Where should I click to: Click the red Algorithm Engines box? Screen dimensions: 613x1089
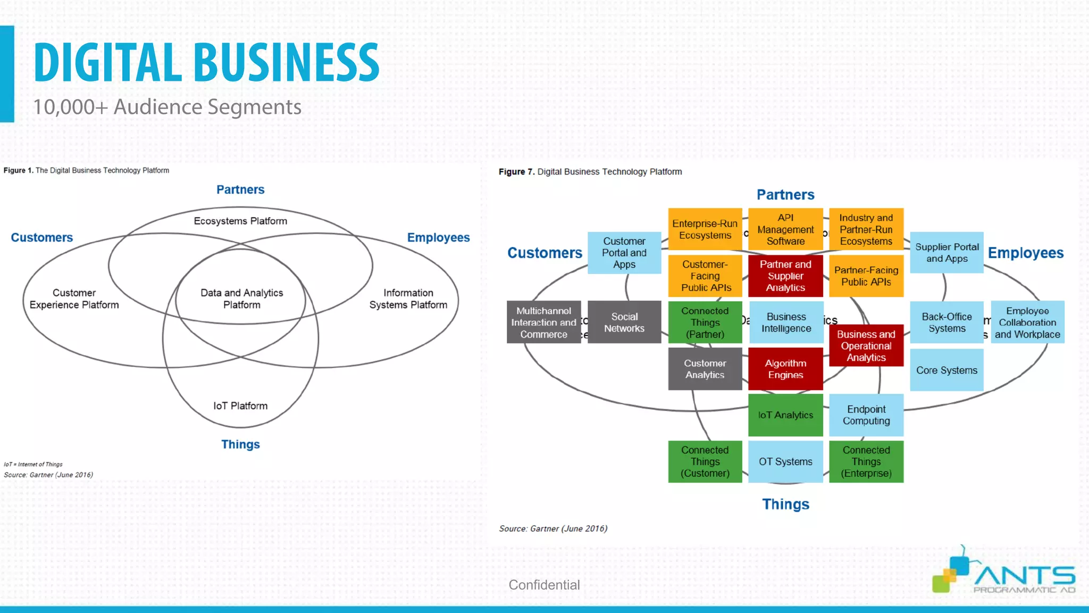coord(785,369)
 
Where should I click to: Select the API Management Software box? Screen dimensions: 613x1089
coord(785,229)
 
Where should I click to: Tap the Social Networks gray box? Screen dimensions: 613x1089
coord(624,322)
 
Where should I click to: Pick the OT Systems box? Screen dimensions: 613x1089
coord(785,462)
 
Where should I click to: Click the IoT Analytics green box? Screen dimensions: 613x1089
coord(785,415)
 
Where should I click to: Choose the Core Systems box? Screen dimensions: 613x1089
coord(946,370)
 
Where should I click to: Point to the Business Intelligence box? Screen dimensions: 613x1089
coord(786,322)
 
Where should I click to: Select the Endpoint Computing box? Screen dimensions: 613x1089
coord(866,415)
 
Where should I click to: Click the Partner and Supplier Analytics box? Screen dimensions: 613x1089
coord(785,276)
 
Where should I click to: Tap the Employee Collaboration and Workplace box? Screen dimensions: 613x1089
coord(1027,322)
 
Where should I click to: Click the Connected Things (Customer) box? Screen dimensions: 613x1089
coord(705,462)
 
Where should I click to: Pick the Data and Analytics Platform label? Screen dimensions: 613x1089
coord(241,299)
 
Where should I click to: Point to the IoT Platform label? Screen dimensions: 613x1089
coord(240,406)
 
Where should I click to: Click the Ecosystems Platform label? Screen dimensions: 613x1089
coord(240,221)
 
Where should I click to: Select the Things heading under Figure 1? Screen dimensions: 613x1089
coord(240,444)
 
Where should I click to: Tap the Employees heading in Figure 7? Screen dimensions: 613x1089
coord(1025,253)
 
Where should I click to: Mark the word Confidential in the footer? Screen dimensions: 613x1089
coord(544,585)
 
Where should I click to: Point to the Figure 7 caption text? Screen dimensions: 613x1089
coord(590,172)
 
